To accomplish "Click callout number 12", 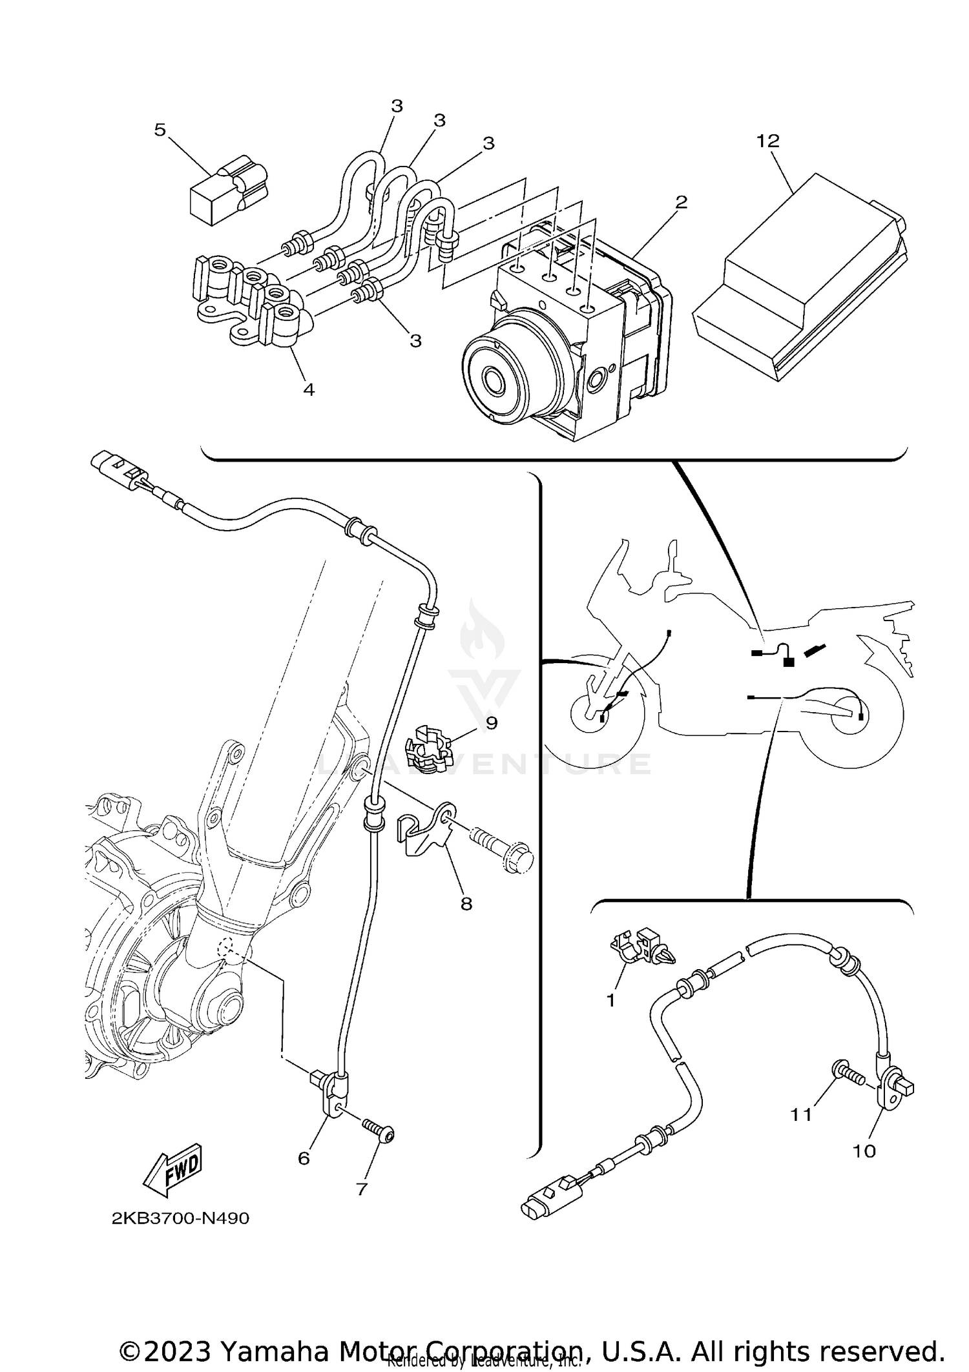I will coord(768,141).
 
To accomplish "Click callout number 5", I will coord(160,130).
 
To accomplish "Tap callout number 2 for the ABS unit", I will coord(681,202).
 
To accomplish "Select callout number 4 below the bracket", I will coord(309,389).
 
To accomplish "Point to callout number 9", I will coord(492,722).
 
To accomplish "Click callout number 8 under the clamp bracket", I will coord(466,904).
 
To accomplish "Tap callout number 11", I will coord(801,1132).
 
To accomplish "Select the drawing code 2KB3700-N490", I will coord(180,1218).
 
